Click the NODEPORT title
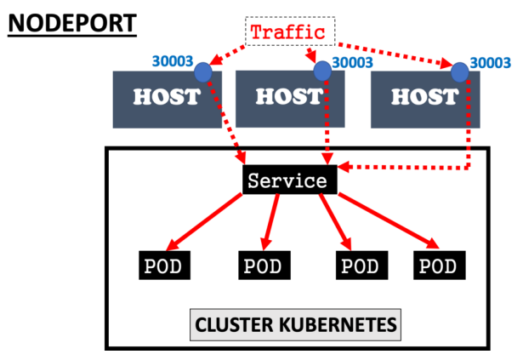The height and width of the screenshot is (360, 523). click(x=71, y=21)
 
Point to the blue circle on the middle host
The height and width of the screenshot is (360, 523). click(x=321, y=71)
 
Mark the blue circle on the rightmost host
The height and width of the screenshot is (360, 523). click(x=460, y=71)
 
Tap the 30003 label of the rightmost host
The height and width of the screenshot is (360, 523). click(x=491, y=62)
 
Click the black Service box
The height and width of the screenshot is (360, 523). click(x=287, y=181)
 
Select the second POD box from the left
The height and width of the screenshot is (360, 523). click(x=262, y=266)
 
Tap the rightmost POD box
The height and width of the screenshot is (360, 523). click(x=439, y=266)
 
